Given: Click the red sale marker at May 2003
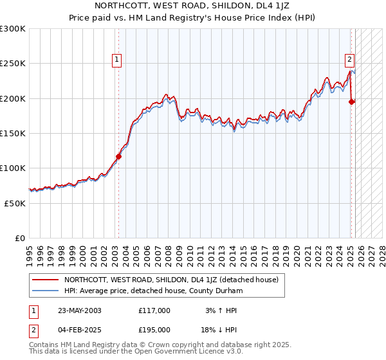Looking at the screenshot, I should point(118,156).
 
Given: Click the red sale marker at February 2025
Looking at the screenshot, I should point(351,102).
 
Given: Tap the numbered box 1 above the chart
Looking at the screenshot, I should point(117,60).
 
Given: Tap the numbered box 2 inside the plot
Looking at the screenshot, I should point(349,60).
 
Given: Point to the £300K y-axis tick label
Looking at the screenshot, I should point(13,29).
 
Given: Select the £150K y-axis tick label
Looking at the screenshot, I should point(13,133).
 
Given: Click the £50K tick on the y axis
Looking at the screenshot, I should point(15,203).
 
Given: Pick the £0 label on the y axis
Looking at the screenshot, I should point(19,238).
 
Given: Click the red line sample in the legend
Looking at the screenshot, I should point(45,280).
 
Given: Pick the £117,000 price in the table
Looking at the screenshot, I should point(154,310).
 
